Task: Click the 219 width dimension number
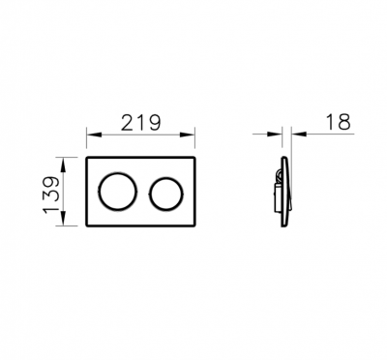[x=140, y=123]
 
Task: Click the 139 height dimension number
[x=51, y=195]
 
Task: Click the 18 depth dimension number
[x=338, y=122]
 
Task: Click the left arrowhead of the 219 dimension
[x=94, y=135]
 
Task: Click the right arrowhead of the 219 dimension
[x=188, y=135]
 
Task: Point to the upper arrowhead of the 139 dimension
[x=63, y=165]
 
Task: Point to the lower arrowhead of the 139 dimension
[x=63, y=219]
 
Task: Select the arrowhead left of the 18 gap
[x=275, y=134]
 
